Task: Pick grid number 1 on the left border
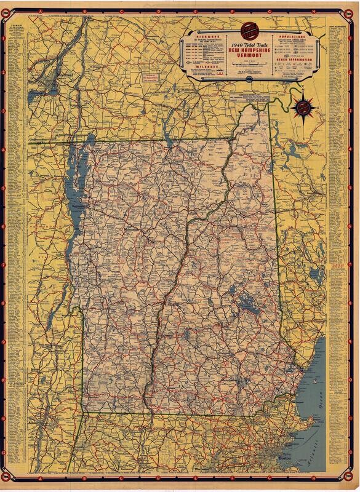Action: (7, 36)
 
